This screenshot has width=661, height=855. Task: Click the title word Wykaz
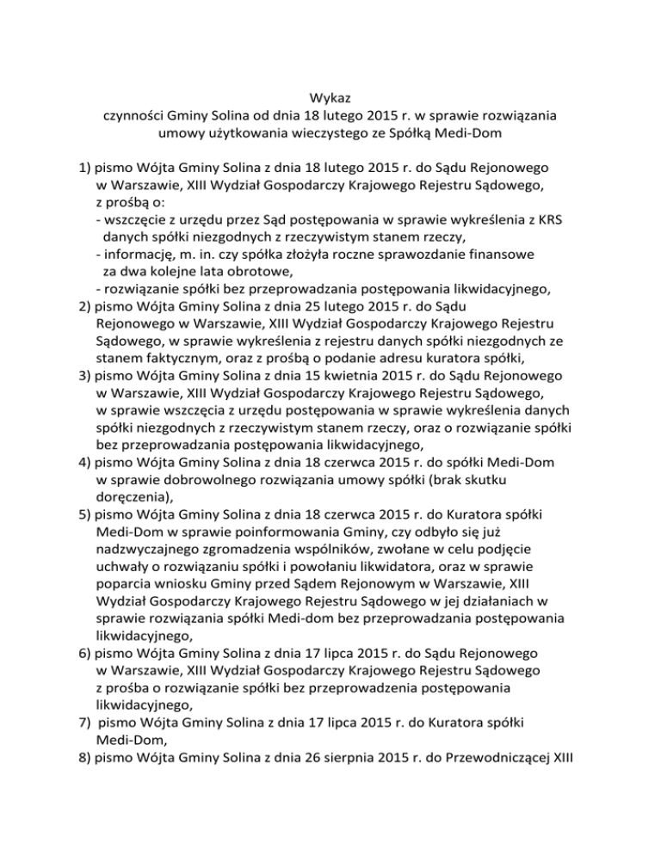pyautogui.click(x=330, y=99)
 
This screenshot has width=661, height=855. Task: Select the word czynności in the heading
pyautogui.click(x=132, y=116)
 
